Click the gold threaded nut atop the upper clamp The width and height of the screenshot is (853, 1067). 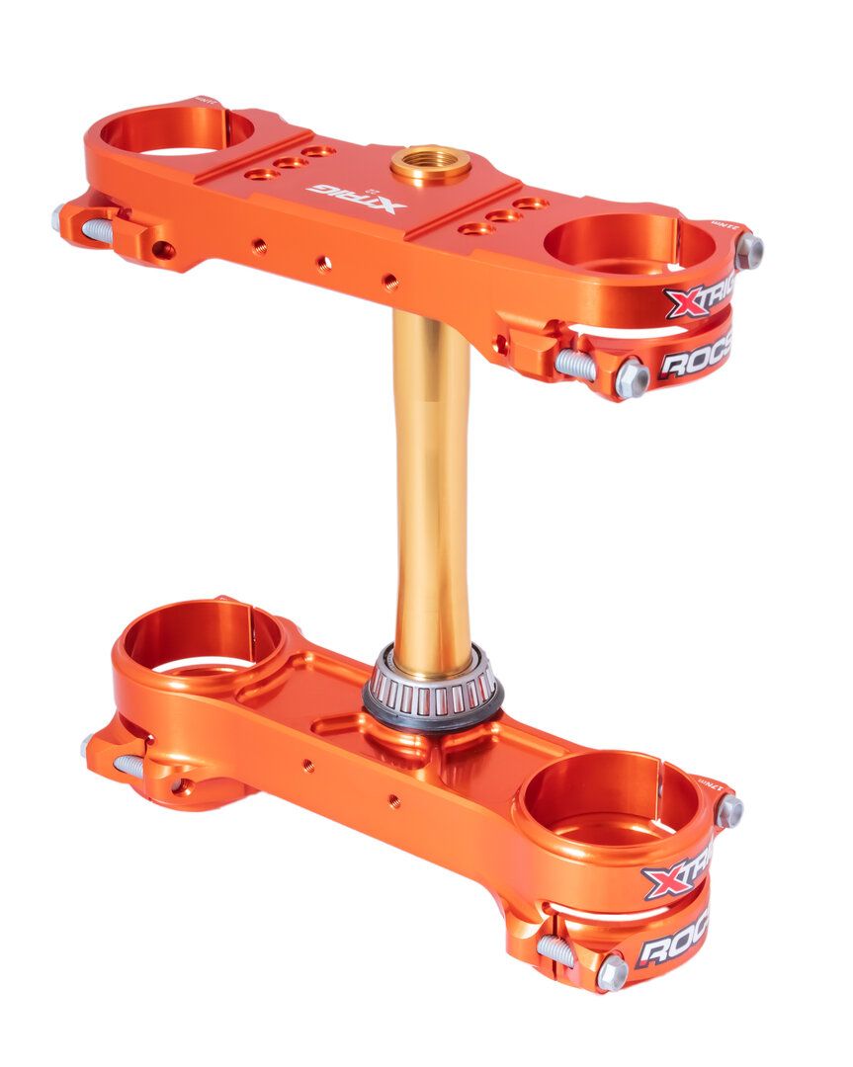coord(430,163)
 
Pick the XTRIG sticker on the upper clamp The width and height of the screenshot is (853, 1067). coord(700,299)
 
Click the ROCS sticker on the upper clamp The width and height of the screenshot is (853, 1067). coord(694,360)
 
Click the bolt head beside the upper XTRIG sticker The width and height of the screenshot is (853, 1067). coord(748,251)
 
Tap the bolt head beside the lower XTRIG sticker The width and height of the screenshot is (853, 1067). coord(729,811)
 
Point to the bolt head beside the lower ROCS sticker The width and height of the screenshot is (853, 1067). coord(612,972)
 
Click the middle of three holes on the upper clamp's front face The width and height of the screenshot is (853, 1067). coord(323,262)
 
